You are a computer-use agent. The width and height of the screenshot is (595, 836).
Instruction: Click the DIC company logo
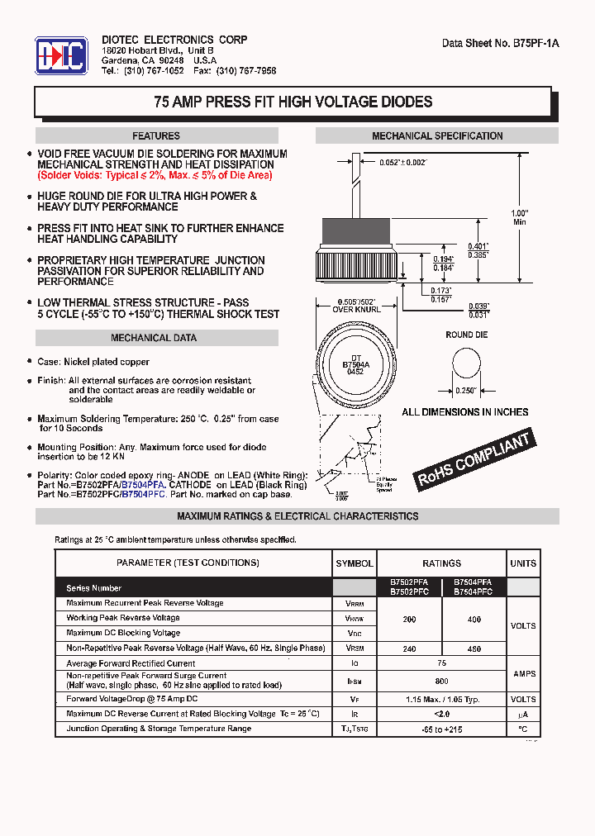coord(60,55)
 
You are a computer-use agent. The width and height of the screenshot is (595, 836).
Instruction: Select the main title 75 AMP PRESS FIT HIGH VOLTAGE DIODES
coord(293,102)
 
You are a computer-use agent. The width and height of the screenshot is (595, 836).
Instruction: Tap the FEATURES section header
coord(155,136)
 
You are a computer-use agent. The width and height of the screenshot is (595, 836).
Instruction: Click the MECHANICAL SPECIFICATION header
coord(437,136)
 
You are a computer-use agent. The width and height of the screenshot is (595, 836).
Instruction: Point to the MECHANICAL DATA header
coord(154,338)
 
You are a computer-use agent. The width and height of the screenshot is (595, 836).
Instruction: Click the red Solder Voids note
coord(155,175)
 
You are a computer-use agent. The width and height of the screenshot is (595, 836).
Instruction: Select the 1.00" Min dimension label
coord(519,217)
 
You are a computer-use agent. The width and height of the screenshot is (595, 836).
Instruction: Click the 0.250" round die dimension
coord(467,391)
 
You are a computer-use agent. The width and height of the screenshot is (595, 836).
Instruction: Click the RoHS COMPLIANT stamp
coord(474,460)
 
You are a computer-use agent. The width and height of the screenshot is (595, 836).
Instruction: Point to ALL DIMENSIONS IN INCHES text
coord(464,412)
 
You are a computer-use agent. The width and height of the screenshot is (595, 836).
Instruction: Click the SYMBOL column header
coord(354,563)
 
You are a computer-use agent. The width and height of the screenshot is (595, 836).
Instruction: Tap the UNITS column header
coord(522,563)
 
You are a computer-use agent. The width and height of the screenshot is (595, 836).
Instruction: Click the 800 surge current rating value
coord(441,681)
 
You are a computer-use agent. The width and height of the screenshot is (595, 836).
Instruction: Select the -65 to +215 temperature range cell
coord(441,729)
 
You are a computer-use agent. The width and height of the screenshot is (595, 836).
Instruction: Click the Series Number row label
coord(94,588)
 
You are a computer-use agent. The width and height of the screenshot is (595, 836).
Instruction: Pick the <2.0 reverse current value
coord(441,714)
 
